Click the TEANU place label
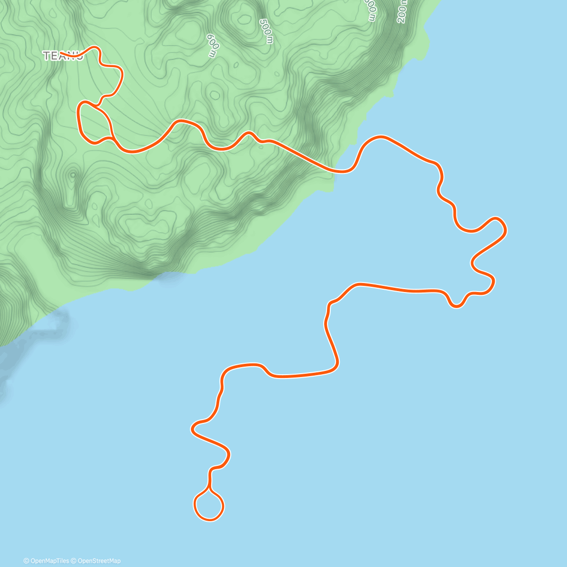point(63,56)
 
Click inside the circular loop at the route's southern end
point(209,506)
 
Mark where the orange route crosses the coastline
point(336,170)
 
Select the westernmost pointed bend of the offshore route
point(192,430)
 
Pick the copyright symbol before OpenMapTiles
point(26,561)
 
